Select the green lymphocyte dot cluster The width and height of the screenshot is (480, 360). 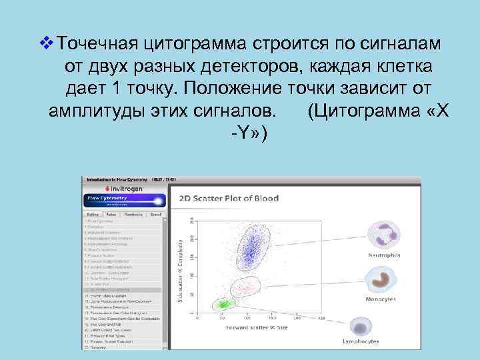(221, 305)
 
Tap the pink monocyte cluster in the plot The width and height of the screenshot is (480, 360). (242, 287)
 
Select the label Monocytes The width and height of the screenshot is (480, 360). (381, 299)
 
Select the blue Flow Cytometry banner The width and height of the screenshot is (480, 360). (121, 201)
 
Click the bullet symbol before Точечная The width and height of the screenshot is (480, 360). (45, 43)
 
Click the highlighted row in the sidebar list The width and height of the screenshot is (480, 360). (122, 289)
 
